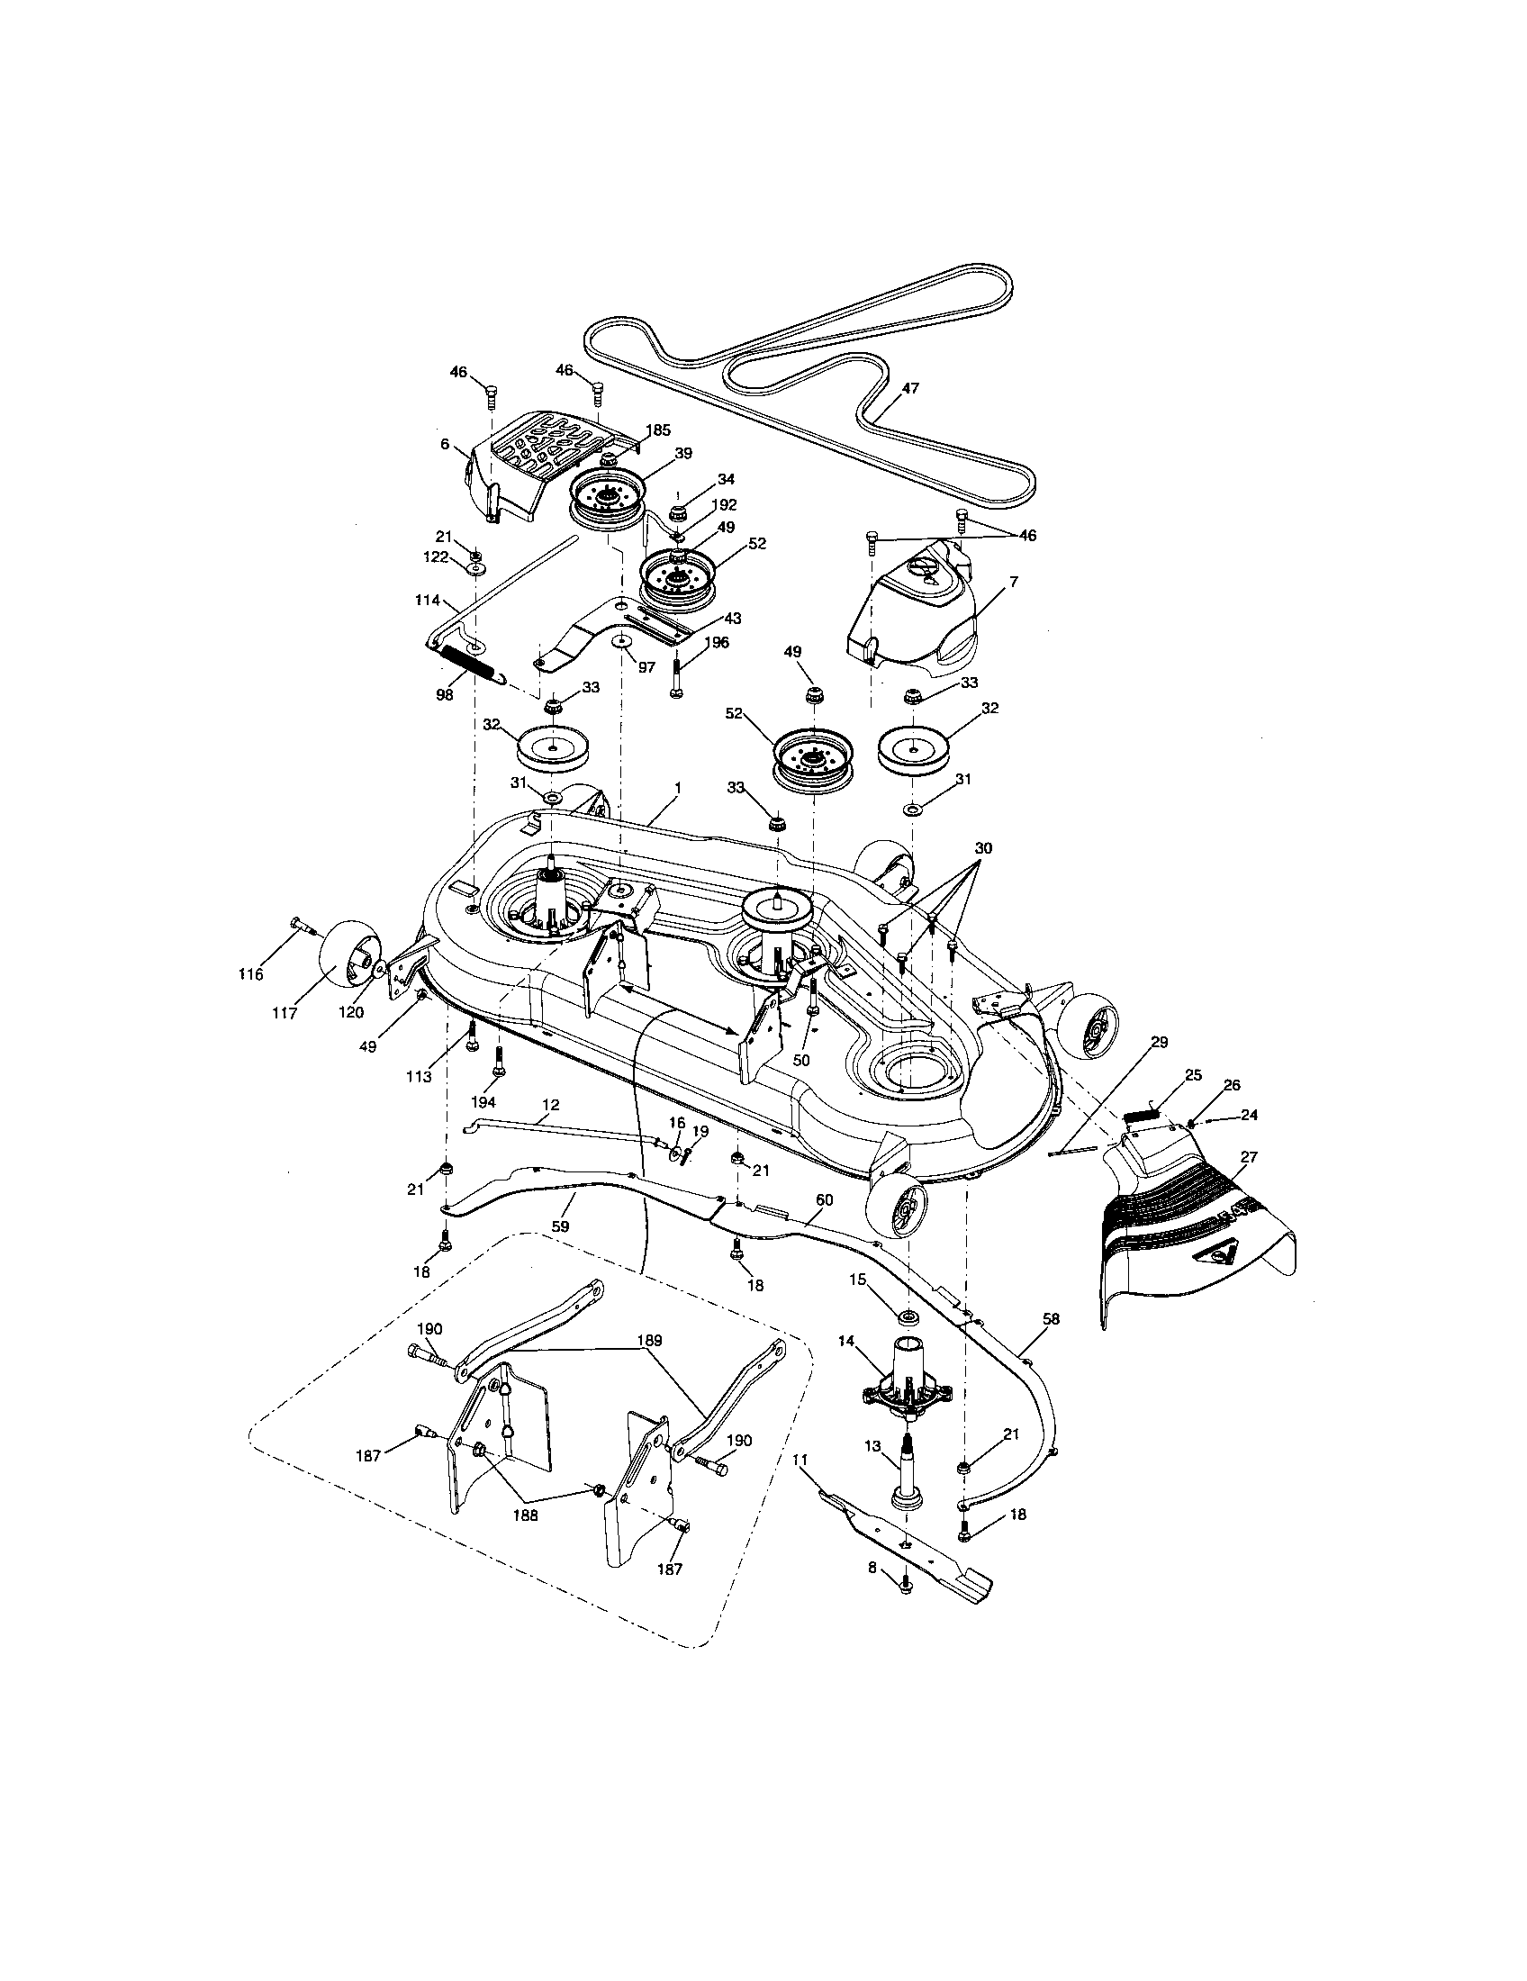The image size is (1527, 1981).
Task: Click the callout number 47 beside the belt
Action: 910,388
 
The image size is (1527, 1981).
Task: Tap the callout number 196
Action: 716,642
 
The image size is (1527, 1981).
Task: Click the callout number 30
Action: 983,848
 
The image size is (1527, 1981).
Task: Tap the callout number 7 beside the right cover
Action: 1014,582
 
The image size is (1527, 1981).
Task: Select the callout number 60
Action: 823,1199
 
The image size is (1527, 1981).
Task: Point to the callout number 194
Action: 483,1102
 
